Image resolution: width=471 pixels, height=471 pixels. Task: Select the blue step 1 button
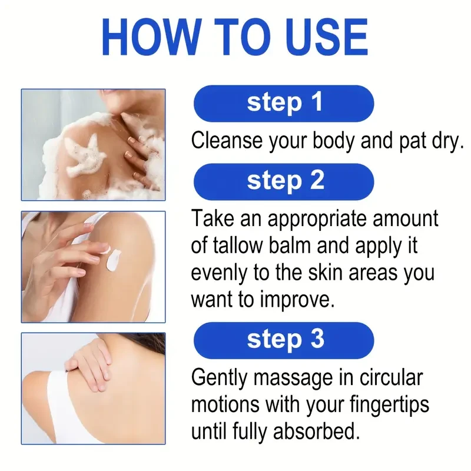284,104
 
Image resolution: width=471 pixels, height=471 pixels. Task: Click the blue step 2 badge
284,182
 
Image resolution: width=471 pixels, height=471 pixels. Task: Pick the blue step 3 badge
284,340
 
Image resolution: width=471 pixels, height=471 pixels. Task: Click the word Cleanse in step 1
227,141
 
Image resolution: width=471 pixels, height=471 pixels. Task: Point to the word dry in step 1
445,141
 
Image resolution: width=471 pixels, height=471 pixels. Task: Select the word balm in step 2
290,246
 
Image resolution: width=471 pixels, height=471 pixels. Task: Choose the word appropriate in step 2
317,219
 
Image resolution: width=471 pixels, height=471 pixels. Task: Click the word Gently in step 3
219,378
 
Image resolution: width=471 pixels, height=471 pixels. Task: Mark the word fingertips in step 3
390,405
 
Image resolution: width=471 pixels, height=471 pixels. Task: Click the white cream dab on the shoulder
113,260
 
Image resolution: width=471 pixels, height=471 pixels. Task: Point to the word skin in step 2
326,273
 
